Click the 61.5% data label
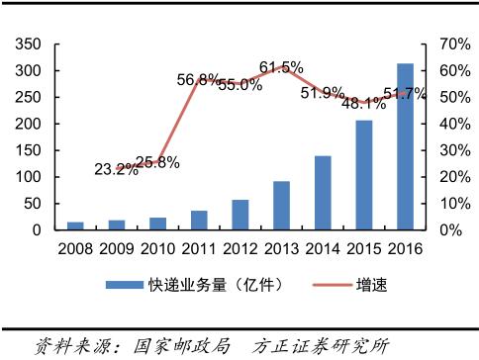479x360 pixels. [x=281, y=67]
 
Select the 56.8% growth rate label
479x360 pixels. [x=198, y=78]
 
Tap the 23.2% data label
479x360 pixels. [x=118, y=169]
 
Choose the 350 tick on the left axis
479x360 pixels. [x=29, y=45]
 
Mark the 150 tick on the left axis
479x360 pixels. [x=29, y=150]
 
